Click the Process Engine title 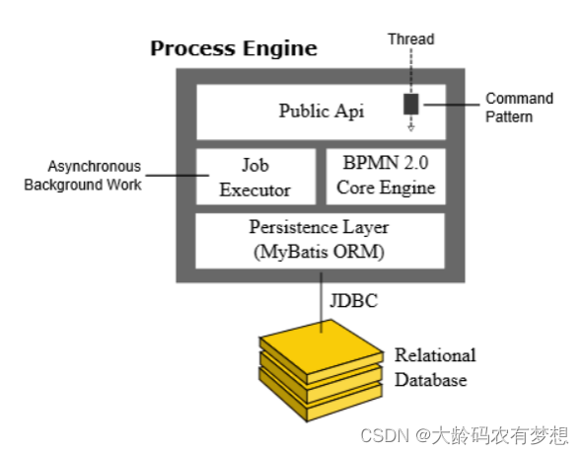click(234, 48)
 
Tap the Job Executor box click(255, 176)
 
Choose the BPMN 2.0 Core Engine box click(381, 176)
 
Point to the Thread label click(410, 39)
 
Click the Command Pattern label click(520, 108)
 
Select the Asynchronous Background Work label click(83, 176)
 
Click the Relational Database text click(435, 367)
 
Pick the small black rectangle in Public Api click(410, 104)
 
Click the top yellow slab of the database click(318, 347)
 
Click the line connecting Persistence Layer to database click(320, 301)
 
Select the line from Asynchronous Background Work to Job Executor click(169, 177)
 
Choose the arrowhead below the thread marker click(410, 127)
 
